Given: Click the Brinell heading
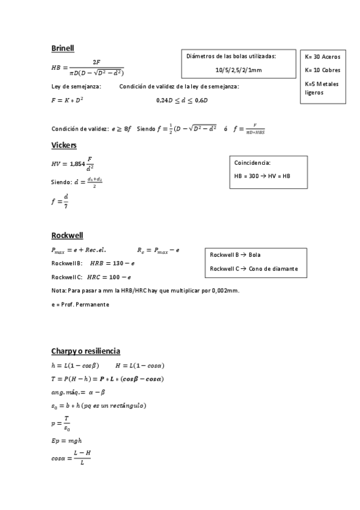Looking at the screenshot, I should pos(63,48).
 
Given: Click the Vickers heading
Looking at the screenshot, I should pos(64,145).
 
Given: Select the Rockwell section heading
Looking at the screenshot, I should pos(67,235).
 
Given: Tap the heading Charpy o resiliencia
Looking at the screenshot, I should pos(86,351).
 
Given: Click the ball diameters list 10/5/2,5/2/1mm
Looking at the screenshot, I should pos(239,70).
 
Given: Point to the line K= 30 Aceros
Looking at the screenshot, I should pos(323,57).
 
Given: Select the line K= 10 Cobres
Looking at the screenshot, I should pos(323,70).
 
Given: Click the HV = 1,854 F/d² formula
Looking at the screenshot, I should pos(73,163).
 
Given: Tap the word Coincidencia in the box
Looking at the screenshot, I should pos(252,162).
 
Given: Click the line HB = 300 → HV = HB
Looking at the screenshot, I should pos(262,176).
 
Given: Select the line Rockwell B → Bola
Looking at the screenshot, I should pos(235,255).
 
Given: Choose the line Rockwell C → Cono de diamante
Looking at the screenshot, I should pos(254,268).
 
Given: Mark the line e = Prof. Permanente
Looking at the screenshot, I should pos(81,305).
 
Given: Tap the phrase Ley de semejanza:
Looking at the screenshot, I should pos(76,87).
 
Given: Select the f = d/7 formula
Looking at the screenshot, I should pos(61,200).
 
